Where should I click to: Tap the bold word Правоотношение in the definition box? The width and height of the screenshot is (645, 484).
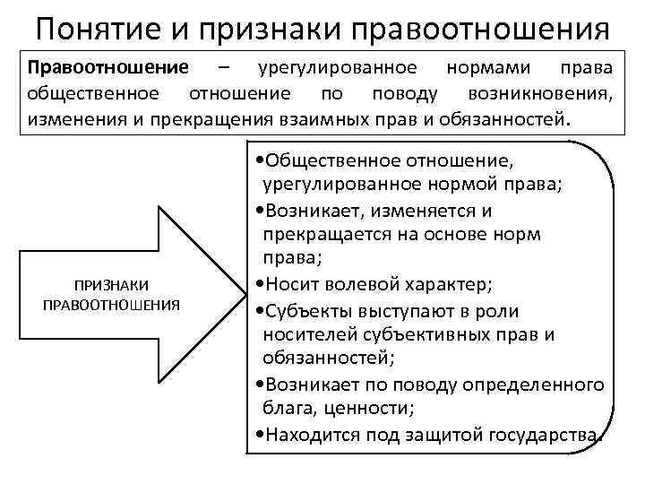[x=107, y=68]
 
